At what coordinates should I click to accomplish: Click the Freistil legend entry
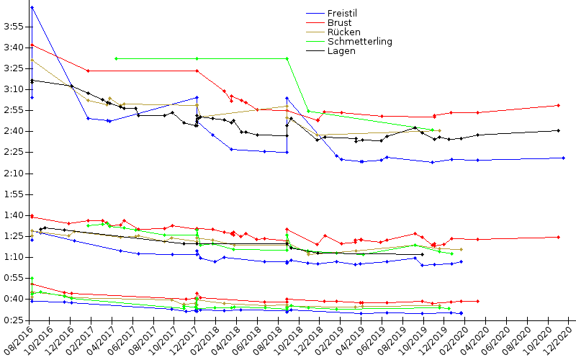click(x=342, y=14)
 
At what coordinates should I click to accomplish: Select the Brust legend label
click(x=339, y=23)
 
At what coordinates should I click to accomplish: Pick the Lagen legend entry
click(x=341, y=51)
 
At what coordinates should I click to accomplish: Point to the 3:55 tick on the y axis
click(x=14, y=27)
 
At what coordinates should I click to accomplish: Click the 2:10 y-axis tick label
click(x=14, y=174)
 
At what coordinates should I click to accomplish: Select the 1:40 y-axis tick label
click(x=14, y=215)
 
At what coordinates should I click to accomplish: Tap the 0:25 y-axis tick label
click(x=14, y=320)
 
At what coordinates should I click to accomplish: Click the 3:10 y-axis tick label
click(x=14, y=89)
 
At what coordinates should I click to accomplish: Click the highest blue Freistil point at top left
click(x=32, y=7)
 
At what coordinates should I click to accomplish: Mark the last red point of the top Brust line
click(x=559, y=105)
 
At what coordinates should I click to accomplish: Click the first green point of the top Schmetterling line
click(x=116, y=58)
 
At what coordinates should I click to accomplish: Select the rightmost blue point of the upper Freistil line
click(x=563, y=158)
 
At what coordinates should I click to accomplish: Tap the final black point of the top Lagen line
click(x=559, y=130)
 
